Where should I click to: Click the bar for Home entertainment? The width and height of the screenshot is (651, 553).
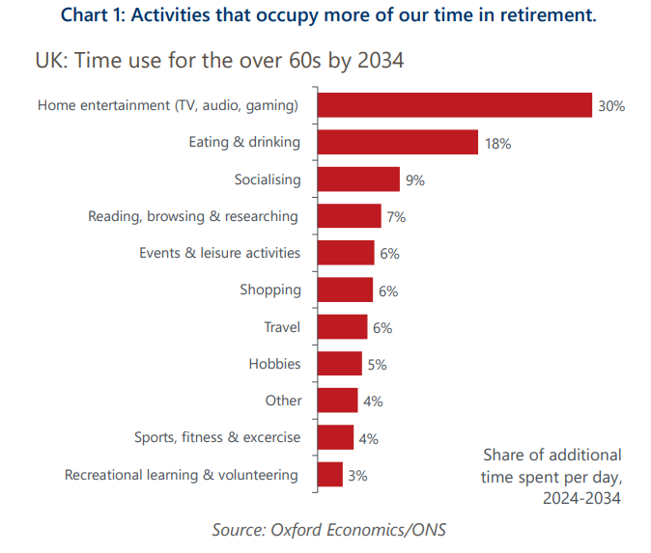[x=454, y=105]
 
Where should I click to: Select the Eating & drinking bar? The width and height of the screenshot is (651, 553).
[x=397, y=143]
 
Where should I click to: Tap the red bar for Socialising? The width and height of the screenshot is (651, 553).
[x=357, y=180]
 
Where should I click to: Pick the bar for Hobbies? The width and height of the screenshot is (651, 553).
[x=339, y=364]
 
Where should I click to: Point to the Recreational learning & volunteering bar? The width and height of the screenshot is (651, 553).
[x=329, y=475]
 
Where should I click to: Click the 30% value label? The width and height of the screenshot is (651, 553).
[x=611, y=106]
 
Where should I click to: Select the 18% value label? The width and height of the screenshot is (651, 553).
[x=498, y=144]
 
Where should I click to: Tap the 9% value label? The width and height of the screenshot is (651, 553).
[x=415, y=180]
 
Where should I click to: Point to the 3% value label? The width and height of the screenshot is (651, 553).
[x=358, y=476]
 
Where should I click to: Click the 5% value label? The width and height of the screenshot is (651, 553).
[x=378, y=365]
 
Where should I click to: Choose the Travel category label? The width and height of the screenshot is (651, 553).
[x=282, y=327]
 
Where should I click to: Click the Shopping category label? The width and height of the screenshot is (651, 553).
[x=270, y=290]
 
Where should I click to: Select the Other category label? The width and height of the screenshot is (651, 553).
[x=284, y=401]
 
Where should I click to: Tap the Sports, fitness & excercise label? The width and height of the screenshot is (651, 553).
[x=217, y=437]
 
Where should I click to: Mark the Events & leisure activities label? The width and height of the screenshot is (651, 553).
[x=220, y=253]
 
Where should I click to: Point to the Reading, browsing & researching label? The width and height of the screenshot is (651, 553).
[x=193, y=216]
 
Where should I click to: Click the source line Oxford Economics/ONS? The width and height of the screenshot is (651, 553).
[x=329, y=529]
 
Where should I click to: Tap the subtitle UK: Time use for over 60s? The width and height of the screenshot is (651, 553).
[x=219, y=60]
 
